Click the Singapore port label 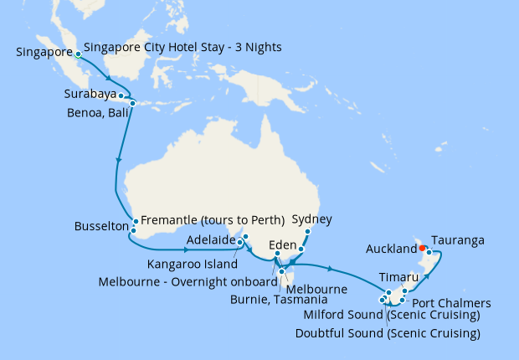[x=44, y=52]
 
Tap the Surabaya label [x=90, y=94]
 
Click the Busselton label [x=101, y=227]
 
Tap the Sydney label [x=312, y=219]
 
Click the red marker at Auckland [x=423, y=248]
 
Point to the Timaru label [x=394, y=275]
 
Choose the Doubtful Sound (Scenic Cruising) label [x=388, y=332]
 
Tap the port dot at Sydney [x=307, y=231]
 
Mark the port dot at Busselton [x=134, y=229]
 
